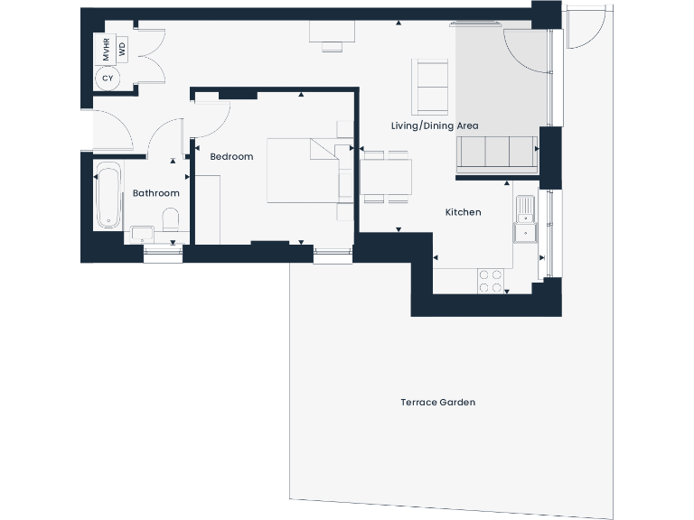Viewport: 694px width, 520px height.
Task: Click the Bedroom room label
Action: coord(231,157)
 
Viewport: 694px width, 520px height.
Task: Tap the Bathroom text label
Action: coord(156,193)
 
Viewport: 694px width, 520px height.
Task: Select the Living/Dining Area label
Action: coord(435,125)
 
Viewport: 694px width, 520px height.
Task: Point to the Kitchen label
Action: coord(463,212)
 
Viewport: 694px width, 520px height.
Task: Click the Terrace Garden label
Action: coord(437,402)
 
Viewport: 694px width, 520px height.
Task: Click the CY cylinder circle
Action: coord(108,79)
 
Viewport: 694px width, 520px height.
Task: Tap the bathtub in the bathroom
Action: coord(108,194)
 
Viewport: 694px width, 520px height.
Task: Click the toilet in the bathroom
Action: coord(170,219)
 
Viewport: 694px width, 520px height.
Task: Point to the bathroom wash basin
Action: coord(142,234)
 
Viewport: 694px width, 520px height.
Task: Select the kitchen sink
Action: coord(525,219)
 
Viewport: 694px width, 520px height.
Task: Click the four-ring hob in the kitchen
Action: coord(492,281)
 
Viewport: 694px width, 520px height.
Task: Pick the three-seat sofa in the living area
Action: coord(496,153)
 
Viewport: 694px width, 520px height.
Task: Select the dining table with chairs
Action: coord(386,177)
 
